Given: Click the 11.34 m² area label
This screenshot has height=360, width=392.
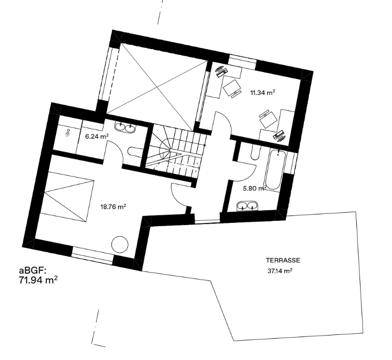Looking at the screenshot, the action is pyautogui.click(x=262, y=93).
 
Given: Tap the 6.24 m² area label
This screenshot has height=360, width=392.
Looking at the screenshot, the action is pyautogui.click(x=97, y=137).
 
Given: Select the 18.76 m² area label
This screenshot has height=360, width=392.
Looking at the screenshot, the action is pyautogui.click(x=113, y=207).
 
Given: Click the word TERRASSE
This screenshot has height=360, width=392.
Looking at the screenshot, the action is pyautogui.click(x=283, y=260).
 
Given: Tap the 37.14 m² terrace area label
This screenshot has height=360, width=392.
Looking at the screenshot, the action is pyautogui.click(x=280, y=271).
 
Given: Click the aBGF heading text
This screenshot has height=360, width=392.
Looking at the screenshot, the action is pyautogui.click(x=33, y=270).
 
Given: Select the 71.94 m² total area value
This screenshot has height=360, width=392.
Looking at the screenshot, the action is pyautogui.click(x=38, y=280).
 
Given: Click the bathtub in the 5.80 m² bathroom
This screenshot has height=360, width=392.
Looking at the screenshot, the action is pyautogui.click(x=274, y=170).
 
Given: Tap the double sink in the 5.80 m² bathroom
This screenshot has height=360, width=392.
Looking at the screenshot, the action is pyautogui.click(x=247, y=206).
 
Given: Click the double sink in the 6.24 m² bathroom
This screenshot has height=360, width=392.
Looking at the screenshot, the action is pyautogui.click(x=125, y=127).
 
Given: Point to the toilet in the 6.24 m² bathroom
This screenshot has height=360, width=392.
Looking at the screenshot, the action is pyautogui.click(x=135, y=152).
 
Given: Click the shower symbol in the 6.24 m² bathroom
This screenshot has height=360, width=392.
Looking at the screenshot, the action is pyautogui.click(x=68, y=132).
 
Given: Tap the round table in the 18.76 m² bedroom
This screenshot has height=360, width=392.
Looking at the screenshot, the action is pyautogui.click(x=120, y=245).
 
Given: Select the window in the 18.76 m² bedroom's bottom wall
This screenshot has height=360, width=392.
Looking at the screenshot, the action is pyautogui.click(x=93, y=255).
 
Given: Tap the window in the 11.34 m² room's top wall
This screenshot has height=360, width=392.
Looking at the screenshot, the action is pyautogui.click(x=243, y=60).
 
